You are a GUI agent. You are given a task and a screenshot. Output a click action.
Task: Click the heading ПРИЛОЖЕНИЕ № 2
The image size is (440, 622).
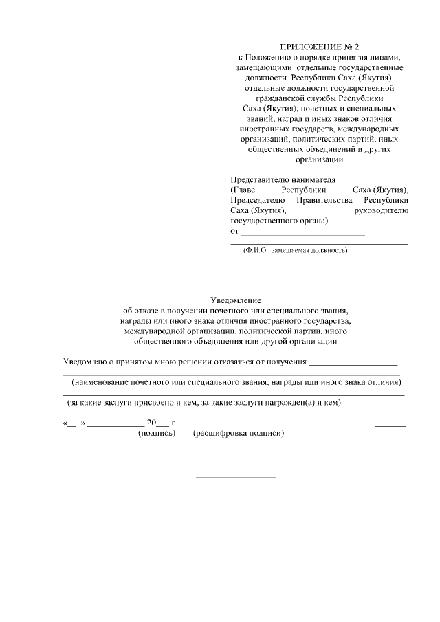pyautogui.click(x=319, y=45)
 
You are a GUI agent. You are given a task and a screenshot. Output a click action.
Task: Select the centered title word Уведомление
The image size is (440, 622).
pyautogui.click(x=236, y=300)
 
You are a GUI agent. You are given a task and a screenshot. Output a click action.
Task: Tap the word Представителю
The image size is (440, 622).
pyautogui.click(x=258, y=179)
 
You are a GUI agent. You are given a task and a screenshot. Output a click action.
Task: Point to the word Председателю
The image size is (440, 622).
pyautogui.click(x=257, y=199)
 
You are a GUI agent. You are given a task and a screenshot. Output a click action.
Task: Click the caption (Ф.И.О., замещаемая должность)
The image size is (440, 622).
pyautogui.click(x=295, y=250)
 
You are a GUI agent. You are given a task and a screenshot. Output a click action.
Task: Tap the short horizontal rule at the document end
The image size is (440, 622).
pyautogui.click(x=236, y=476)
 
